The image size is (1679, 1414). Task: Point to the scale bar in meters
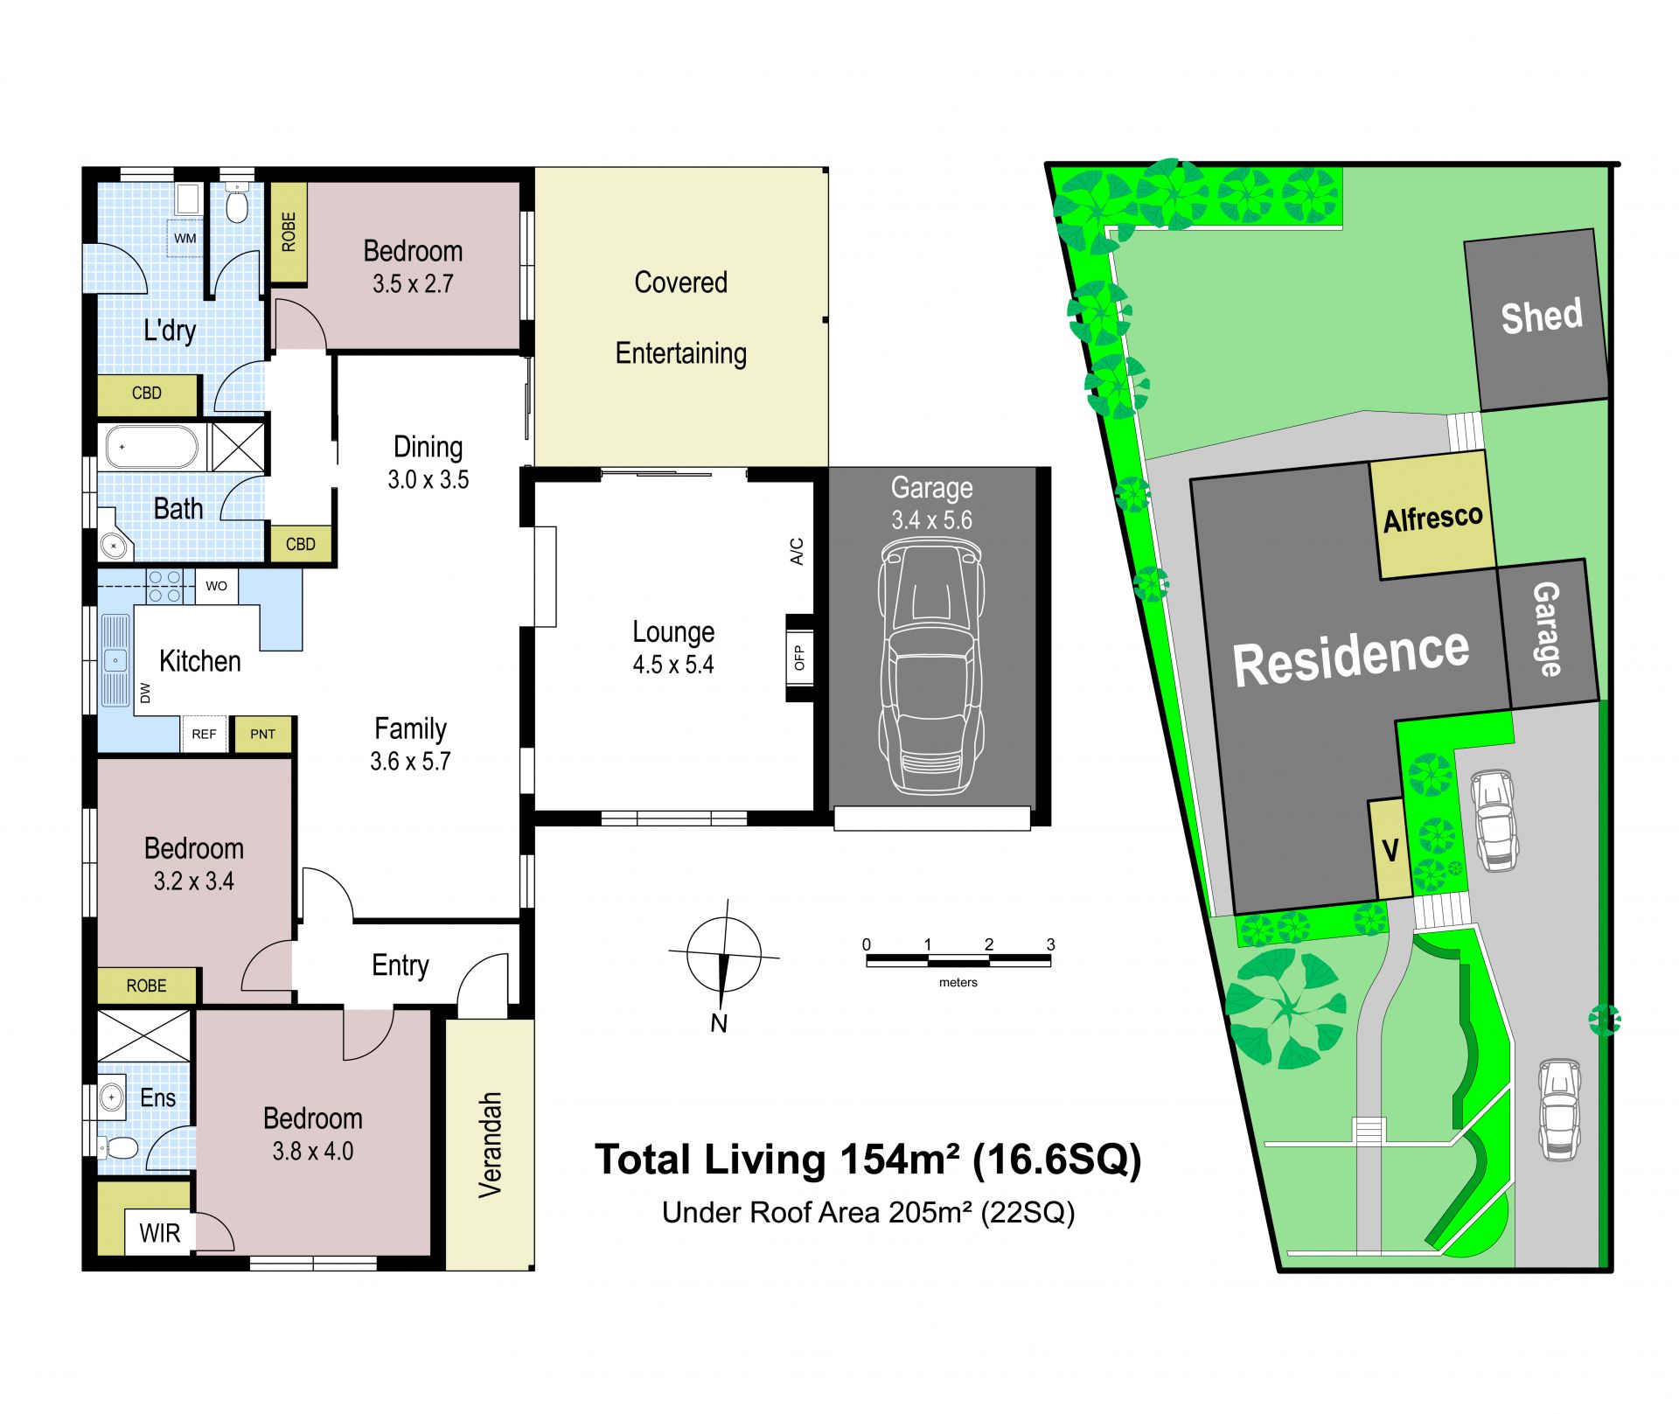point(958,960)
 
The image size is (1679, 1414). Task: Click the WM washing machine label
point(185,238)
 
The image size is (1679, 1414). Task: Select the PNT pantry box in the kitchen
point(262,734)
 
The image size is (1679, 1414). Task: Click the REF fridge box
point(204,734)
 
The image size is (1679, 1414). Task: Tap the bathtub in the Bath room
point(152,447)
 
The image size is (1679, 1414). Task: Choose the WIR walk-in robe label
point(159,1233)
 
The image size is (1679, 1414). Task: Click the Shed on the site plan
point(1536,319)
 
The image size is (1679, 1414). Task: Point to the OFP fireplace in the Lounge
point(799,658)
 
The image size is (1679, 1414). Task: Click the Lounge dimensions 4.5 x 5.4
point(673,665)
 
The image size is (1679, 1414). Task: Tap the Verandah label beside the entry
point(490,1145)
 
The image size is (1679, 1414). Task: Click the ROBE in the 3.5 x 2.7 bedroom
point(289,232)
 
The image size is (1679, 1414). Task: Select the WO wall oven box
point(216,586)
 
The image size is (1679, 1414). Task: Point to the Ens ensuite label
point(157,1097)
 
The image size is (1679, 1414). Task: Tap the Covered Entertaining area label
point(681,317)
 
